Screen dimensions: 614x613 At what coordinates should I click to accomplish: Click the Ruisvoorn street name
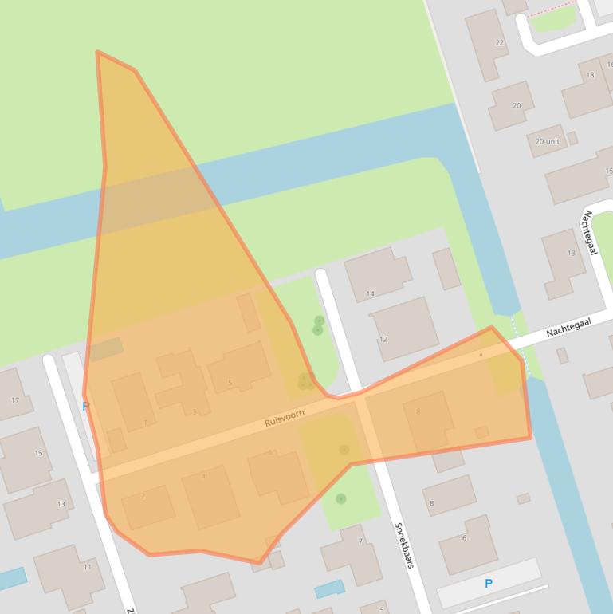click(x=285, y=418)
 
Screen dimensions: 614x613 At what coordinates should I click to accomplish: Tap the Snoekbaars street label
click(x=403, y=545)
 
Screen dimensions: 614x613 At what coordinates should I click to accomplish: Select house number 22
click(x=500, y=43)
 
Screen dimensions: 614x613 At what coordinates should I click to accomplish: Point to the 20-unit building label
click(x=547, y=141)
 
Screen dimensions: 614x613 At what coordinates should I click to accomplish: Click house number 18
click(x=590, y=75)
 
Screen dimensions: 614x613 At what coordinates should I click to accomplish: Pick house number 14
click(x=370, y=294)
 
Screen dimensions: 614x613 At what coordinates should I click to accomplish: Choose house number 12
click(x=383, y=339)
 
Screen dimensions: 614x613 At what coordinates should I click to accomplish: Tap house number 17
click(x=15, y=399)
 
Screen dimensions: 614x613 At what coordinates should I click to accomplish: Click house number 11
click(x=88, y=567)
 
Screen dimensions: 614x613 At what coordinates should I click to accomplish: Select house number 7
click(x=360, y=541)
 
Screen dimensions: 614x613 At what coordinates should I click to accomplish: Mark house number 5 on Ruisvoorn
click(x=230, y=383)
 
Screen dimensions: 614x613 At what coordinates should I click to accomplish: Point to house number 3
click(x=195, y=411)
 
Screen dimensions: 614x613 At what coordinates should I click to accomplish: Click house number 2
click(x=143, y=497)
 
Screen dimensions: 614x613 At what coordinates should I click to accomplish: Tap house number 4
click(x=203, y=477)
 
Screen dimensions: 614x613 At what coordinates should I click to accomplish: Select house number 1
click(x=145, y=422)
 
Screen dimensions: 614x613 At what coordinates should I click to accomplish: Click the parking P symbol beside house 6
click(x=489, y=584)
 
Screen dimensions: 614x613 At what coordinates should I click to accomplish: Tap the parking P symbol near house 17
click(x=85, y=406)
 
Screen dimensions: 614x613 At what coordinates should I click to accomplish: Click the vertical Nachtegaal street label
click(x=591, y=232)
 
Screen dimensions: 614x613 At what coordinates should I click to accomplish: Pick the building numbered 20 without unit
click(x=517, y=106)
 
